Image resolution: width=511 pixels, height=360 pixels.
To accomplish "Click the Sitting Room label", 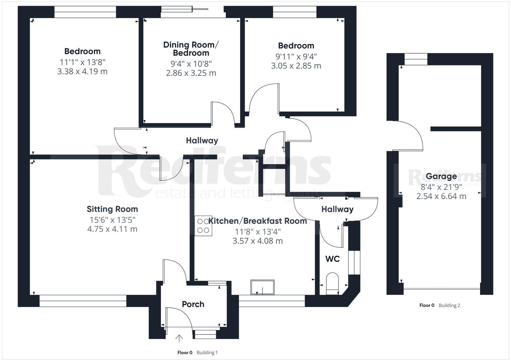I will pos(112,209).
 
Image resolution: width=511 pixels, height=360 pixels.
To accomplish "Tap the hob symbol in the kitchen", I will pos(203,226).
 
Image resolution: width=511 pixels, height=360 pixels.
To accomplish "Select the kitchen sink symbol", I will pos(262,287).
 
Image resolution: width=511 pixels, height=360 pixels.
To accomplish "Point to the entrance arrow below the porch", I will pos(179,338).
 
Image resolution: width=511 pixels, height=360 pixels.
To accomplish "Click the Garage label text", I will pos(441,176).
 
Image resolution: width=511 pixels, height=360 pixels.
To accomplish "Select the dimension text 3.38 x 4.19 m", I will pos(82,71).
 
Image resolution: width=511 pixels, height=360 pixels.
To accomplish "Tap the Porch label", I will pos(193,304).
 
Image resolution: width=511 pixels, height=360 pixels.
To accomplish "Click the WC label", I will pos(332,259).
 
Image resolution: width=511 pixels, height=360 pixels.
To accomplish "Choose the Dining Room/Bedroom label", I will pos(191,49).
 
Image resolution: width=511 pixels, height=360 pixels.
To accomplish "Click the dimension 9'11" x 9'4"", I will pos(296,56).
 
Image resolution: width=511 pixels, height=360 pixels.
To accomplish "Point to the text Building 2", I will pos(449,305).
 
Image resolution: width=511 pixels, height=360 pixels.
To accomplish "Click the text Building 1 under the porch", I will pos(207,353).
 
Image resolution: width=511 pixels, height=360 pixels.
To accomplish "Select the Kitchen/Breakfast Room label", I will pos(258,221).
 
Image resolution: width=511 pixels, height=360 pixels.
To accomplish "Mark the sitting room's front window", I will pos(83,301).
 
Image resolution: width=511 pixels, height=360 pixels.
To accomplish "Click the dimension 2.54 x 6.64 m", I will pos(441,196).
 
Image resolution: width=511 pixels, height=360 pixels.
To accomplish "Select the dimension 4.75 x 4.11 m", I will pos(112,229).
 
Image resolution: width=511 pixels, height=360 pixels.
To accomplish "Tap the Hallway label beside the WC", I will pos(337,209).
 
